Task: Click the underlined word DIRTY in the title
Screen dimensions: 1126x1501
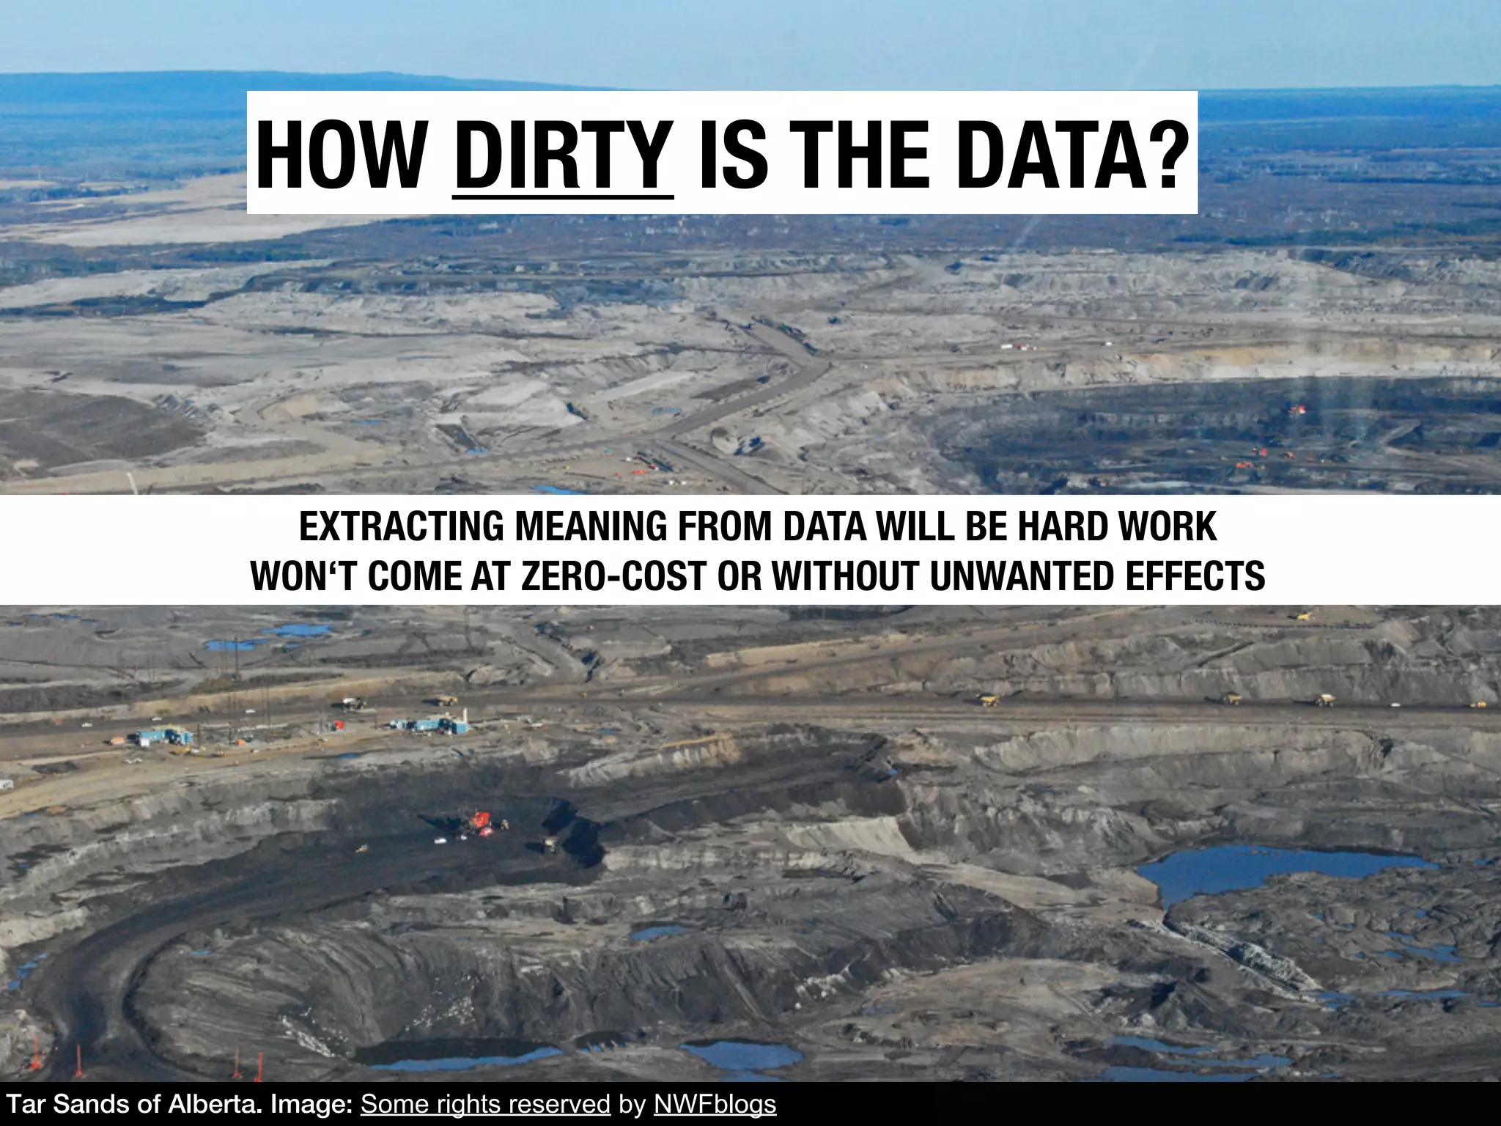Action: (563, 155)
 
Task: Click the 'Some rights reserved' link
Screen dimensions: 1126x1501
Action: (485, 1104)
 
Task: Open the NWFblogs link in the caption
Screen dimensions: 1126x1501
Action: (715, 1104)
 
